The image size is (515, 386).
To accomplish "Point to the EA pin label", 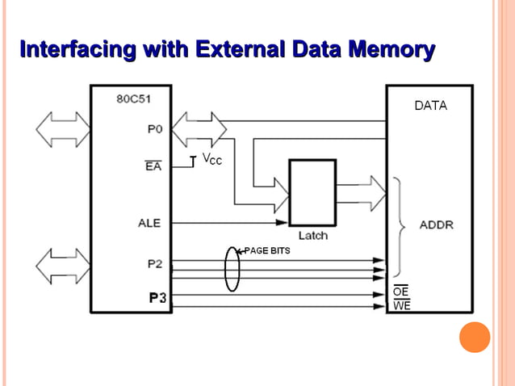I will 153,167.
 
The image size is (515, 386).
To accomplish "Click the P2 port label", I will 155,263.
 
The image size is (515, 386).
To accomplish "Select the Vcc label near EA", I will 211,160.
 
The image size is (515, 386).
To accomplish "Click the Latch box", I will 312,192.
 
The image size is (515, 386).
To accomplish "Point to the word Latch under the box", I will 312,236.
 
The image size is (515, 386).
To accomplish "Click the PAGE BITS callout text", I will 266,251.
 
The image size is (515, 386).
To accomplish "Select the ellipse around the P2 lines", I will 232,269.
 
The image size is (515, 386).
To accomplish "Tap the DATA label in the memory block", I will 430,106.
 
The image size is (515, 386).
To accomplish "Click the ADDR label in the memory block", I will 436,224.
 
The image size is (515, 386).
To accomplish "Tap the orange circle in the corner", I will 475,337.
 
